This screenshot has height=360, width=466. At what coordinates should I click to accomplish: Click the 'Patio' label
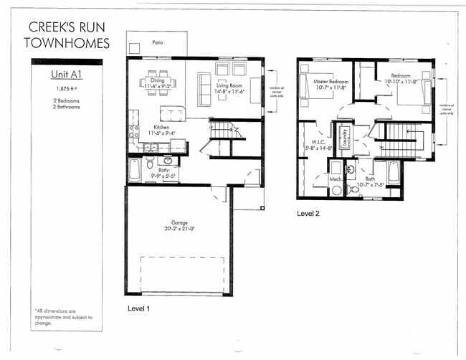157,42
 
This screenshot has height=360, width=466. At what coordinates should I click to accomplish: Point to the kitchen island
172,113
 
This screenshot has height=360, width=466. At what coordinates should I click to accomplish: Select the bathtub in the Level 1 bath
135,170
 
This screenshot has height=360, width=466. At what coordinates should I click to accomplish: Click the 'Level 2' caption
310,214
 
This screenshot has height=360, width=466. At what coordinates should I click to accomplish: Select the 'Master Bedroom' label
331,82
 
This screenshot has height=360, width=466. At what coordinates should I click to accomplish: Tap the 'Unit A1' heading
65,74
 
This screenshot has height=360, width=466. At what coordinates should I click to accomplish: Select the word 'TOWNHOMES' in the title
67,43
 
